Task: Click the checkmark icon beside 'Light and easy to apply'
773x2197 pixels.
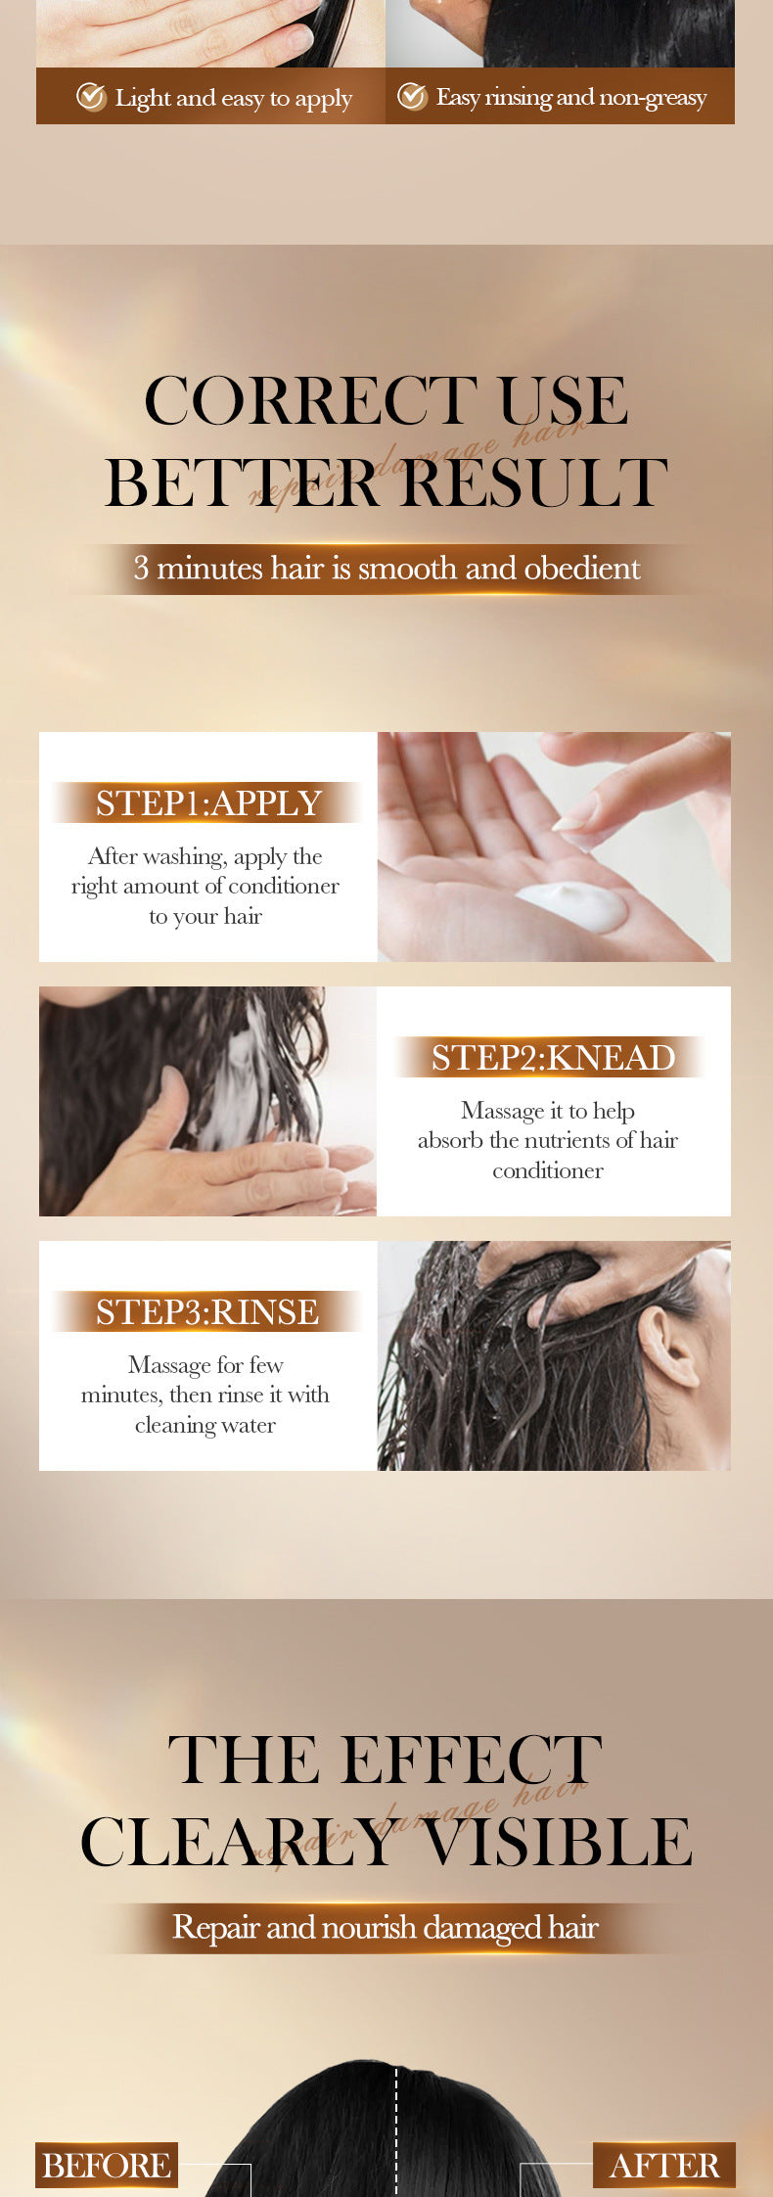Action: (x=91, y=97)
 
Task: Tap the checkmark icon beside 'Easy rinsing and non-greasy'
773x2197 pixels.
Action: (x=412, y=97)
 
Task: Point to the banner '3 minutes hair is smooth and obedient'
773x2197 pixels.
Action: (x=386, y=569)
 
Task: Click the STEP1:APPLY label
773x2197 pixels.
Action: (x=208, y=802)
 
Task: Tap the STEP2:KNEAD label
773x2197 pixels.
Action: (x=553, y=1058)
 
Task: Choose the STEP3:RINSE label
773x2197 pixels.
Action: (x=207, y=1311)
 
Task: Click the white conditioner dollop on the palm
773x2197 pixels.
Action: (x=572, y=904)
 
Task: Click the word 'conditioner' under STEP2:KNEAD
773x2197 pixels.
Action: (x=547, y=1170)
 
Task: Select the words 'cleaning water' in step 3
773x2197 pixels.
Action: (x=205, y=1425)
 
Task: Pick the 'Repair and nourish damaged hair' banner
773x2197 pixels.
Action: (x=386, y=1928)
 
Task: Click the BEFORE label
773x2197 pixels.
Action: (x=107, y=2165)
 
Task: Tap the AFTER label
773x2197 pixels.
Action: (x=664, y=2165)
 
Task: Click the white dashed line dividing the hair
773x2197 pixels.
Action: (x=396, y=2133)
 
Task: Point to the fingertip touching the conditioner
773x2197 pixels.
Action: (x=571, y=828)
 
